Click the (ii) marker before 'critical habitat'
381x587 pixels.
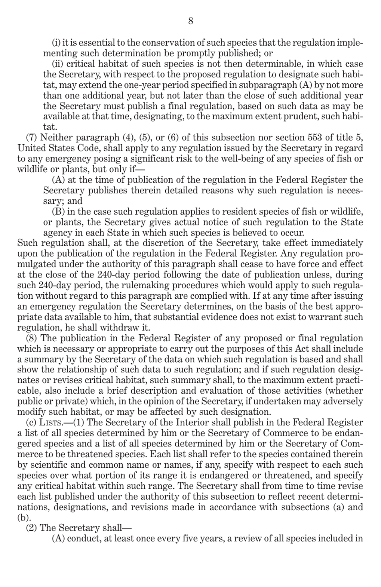click(58, 64)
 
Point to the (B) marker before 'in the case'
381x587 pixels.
click(59, 211)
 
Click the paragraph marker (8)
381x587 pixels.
click(32, 338)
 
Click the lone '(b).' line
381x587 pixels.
click(24, 517)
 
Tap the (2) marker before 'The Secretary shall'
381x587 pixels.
click(32, 528)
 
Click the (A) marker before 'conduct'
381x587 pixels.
click(59, 539)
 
